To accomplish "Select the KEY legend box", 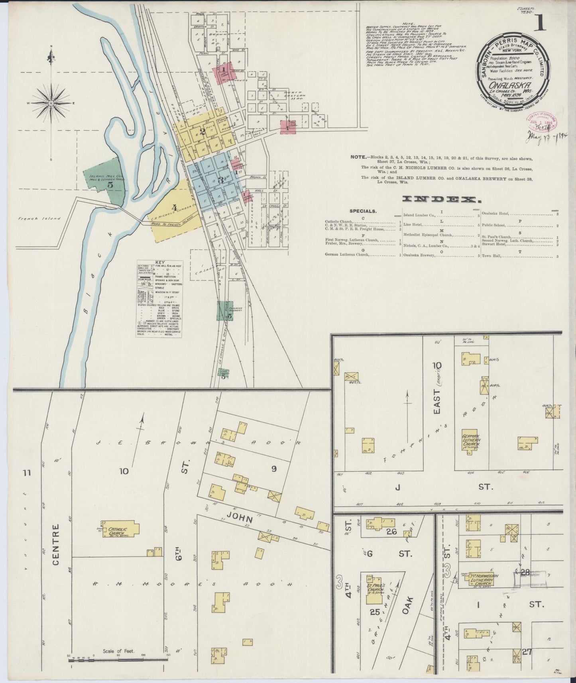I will coord(159,299).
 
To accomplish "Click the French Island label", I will coord(39,218).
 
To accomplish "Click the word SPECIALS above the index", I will coord(363,211).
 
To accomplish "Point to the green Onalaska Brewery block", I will coord(225,311).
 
